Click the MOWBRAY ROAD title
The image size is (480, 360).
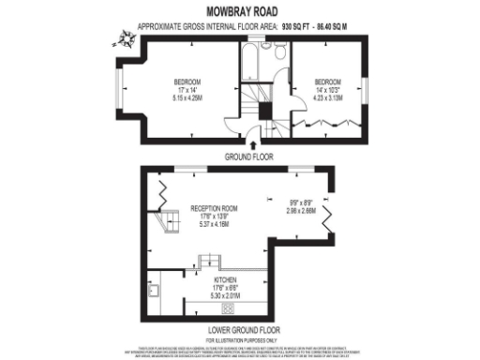pos(240,14)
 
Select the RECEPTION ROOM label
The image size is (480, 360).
pos(214,208)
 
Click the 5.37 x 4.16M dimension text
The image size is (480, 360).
pos(214,224)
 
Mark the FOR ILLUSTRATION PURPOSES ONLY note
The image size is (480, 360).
pos(240,338)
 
